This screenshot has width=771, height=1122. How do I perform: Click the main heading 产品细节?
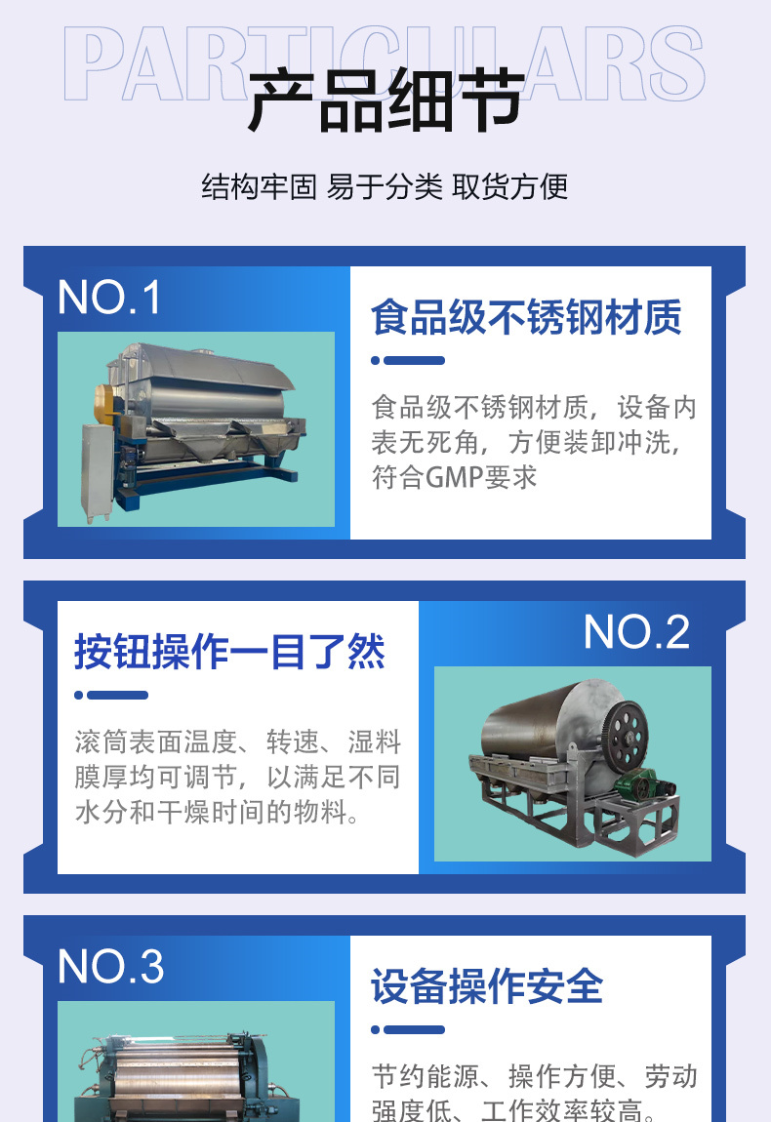(385, 100)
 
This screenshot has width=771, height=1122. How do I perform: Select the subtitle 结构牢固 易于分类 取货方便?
(385, 186)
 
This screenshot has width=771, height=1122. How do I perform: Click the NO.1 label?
(108, 297)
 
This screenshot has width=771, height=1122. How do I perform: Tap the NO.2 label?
(636, 632)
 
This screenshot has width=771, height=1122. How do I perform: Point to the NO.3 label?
(111, 966)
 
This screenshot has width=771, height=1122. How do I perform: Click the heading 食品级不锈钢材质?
(526, 317)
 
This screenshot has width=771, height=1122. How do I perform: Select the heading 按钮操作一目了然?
(229, 651)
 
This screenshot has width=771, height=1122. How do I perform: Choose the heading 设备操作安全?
(487, 986)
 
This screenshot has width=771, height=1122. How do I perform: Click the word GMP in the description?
(454, 477)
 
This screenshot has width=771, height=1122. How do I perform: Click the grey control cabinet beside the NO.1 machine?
(98, 471)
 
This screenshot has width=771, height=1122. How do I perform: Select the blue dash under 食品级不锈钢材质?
(408, 361)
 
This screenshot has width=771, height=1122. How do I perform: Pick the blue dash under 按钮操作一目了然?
(111, 695)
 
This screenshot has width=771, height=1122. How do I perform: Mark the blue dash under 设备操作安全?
(408, 1029)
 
